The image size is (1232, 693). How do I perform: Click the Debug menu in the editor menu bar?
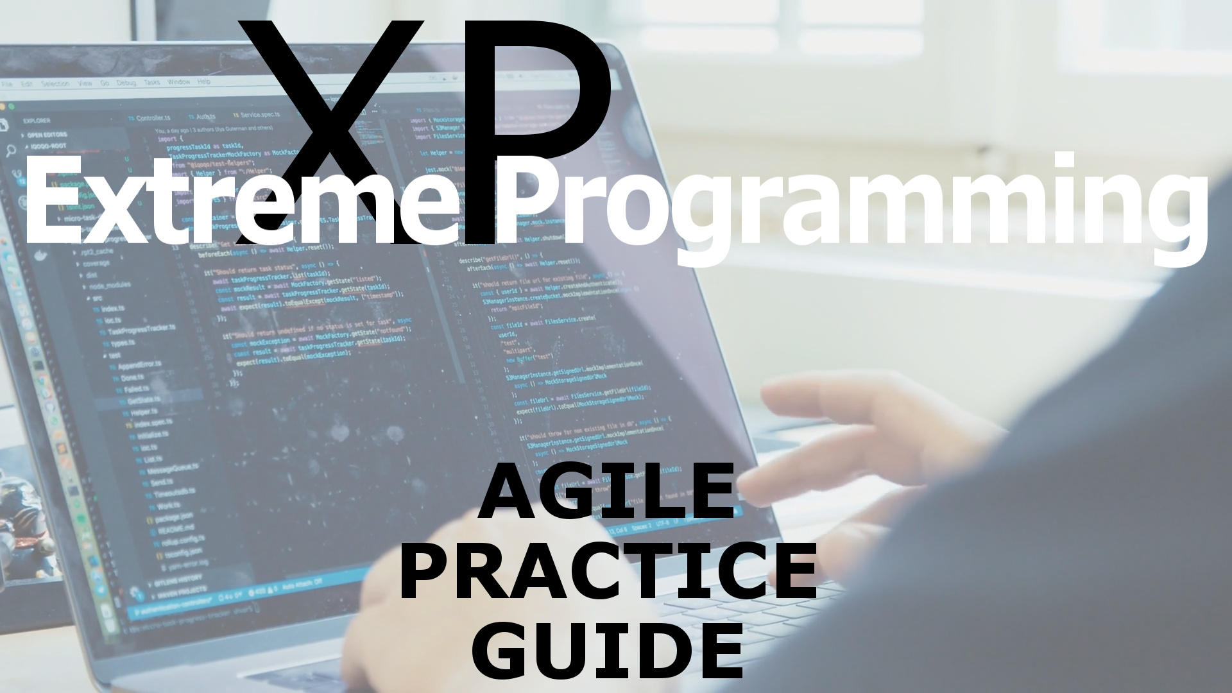click(126, 83)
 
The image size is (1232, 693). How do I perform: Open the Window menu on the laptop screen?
click(178, 82)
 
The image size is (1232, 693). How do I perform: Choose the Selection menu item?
click(55, 83)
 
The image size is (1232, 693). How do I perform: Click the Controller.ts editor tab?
click(153, 117)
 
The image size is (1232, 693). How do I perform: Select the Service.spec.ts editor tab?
click(257, 115)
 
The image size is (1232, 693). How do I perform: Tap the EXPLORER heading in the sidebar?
click(37, 121)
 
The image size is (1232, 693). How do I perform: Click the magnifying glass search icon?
click(10, 151)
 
